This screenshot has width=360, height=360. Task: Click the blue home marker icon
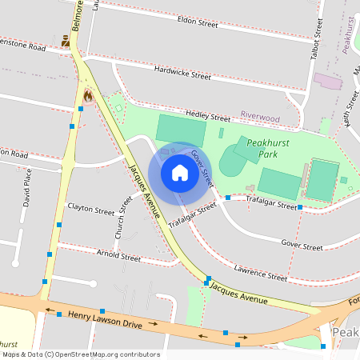[180, 173]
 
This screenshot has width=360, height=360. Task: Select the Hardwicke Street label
[182, 76]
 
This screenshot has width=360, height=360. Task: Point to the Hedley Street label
[206, 115]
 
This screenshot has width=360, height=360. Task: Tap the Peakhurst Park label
[268, 147]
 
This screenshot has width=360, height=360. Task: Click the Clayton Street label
[91, 211]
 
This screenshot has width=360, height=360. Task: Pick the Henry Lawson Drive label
[106, 321]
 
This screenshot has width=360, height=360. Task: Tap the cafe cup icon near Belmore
[65, 39]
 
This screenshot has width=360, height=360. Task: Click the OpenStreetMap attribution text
[81, 354]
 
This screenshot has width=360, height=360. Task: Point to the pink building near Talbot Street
[327, 82]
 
